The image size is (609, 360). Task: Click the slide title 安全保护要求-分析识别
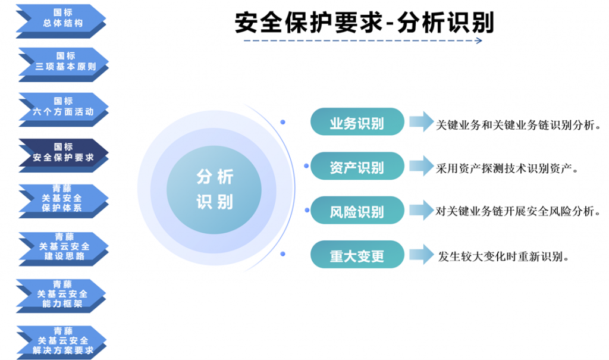pyautogui.click(x=365, y=23)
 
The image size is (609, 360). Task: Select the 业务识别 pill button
pyautogui.click(x=357, y=121)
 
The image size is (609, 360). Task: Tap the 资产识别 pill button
pyautogui.click(x=357, y=166)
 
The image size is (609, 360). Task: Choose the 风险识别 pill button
pyautogui.click(x=357, y=210)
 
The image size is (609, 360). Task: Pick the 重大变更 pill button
pyautogui.click(x=357, y=255)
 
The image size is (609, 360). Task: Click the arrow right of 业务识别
pyautogui.click(x=422, y=121)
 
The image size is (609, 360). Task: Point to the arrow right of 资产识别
pyautogui.click(x=422, y=166)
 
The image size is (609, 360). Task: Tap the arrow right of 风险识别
pyautogui.click(x=422, y=210)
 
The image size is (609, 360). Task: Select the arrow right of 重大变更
pyautogui.click(x=422, y=255)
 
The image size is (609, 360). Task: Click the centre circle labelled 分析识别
pyautogui.click(x=214, y=189)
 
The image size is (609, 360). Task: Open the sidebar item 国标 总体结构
pyautogui.click(x=61, y=21)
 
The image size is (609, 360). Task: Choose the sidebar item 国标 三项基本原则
pyautogui.click(x=64, y=64)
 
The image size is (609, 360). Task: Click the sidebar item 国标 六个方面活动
pyautogui.click(x=64, y=109)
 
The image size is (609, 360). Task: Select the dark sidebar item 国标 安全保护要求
pyautogui.click(x=64, y=155)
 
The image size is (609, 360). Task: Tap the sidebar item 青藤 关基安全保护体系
pyautogui.click(x=64, y=201)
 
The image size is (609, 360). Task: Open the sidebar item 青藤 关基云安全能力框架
pyautogui.click(x=61, y=296)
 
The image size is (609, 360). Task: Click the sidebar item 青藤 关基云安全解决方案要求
pyautogui.click(x=62, y=343)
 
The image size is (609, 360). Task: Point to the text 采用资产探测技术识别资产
pyautogui.click(x=507, y=169)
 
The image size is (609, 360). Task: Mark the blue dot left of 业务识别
pyautogui.click(x=282, y=122)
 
